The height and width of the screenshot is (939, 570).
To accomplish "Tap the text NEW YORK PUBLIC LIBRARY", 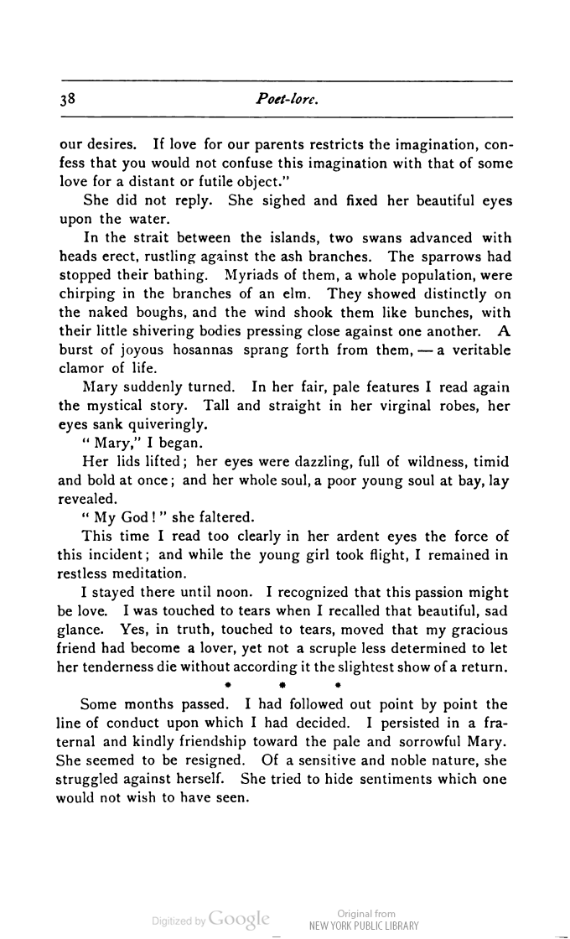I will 364,926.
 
